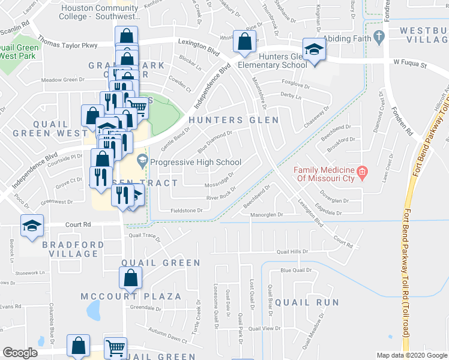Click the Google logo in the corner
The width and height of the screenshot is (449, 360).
(x=20, y=353)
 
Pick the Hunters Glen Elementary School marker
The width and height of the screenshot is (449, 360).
(x=313, y=51)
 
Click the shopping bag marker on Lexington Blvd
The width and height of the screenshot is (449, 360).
(x=244, y=43)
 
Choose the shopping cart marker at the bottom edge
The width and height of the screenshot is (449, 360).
(x=116, y=348)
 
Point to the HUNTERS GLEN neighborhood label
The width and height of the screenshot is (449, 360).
(x=234, y=120)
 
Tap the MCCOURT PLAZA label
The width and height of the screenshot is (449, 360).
(x=131, y=296)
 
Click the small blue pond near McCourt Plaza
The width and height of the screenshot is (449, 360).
(x=94, y=311)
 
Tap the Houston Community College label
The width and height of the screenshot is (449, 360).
(x=98, y=13)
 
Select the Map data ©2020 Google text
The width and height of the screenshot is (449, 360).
(x=411, y=355)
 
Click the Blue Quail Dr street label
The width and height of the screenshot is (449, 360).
(x=294, y=271)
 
